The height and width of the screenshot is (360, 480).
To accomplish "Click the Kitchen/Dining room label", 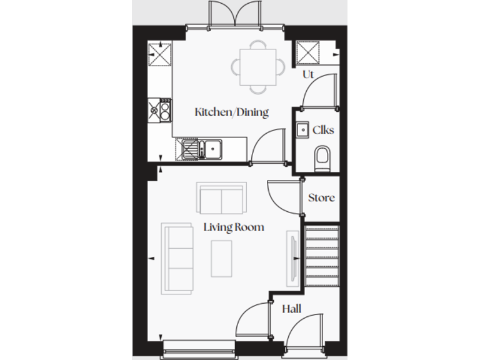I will pyautogui.click(x=231, y=112).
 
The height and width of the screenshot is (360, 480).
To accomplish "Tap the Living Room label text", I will pyautogui.click(x=234, y=227).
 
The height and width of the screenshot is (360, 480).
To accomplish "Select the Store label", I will pyautogui.click(x=321, y=198).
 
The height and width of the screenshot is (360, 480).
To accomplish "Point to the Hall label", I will pyautogui.click(x=291, y=309).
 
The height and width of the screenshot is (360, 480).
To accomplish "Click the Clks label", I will pyautogui.click(x=323, y=130).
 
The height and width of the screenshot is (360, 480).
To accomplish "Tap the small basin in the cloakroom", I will pyautogui.click(x=302, y=129).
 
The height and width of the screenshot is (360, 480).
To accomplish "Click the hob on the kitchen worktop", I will pyautogui.click(x=160, y=110).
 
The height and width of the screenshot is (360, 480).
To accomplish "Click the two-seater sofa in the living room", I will pyautogui.click(x=221, y=197).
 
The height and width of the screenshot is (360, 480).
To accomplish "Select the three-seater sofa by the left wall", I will pyautogui.click(x=177, y=258).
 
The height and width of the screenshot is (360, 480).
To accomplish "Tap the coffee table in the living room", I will pyautogui.click(x=221, y=258).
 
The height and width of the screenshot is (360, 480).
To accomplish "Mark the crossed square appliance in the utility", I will pyautogui.click(x=309, y=52).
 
